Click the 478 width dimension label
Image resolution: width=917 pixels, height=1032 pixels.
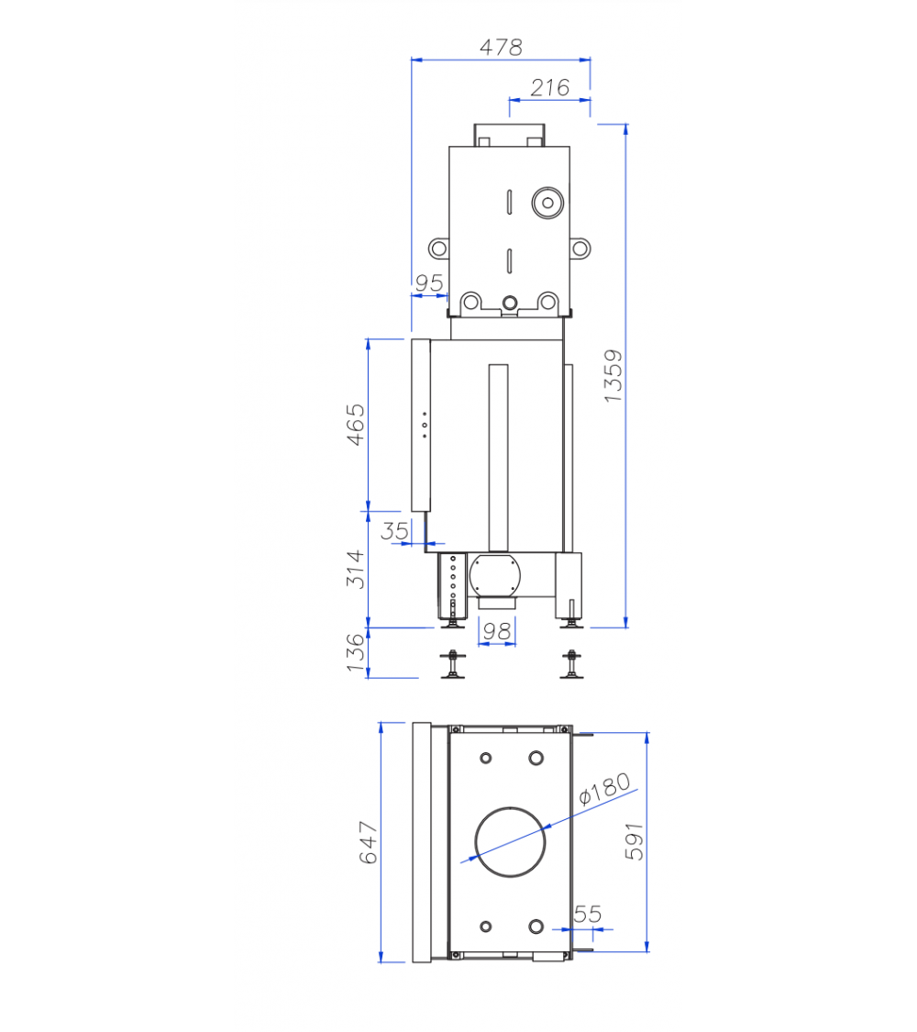pos(502,47)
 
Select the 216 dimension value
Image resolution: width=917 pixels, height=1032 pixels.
pos(550,87)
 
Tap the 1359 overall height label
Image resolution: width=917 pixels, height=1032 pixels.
pos(613,376)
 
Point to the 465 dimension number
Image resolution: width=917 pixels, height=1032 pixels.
pos(355,425)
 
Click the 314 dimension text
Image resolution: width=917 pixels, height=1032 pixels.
pos(355,569)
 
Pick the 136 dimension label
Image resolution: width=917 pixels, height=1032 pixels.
pos(355,653)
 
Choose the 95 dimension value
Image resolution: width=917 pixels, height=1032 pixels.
pos(429,283)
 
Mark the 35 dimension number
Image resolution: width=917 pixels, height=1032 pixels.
pos(394,530)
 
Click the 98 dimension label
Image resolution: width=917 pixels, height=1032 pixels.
pos(497,631)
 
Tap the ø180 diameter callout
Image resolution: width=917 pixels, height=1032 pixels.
pos(604,789)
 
